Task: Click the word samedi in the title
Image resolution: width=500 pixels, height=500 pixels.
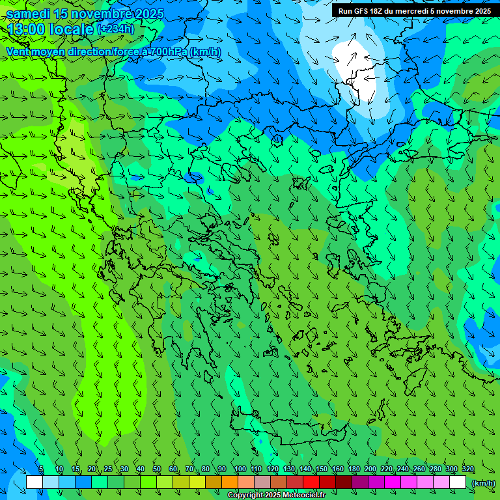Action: pos(29,14)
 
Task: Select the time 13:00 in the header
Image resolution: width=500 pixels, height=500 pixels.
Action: pos(29,29)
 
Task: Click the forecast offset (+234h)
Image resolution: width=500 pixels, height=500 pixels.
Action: pos(115,29)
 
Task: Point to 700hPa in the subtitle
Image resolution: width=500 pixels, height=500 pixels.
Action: pos(167,51)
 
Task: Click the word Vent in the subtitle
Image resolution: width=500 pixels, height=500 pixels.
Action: pos(19,51)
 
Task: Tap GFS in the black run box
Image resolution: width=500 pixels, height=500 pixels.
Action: pos(361,11)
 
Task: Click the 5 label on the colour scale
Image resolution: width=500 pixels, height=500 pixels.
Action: pos(41,469)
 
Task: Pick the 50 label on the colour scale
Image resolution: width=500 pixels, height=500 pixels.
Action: pos(157,469)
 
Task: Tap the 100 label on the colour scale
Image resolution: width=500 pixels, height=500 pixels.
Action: pos(240,469)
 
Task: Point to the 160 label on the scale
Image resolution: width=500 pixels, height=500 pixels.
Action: pos(337,469)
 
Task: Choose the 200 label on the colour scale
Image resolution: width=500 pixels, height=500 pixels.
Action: pos(370,469)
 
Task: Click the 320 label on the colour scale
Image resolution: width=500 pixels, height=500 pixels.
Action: pos(467,469)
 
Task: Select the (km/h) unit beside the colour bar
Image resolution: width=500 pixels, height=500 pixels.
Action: pos(483,482)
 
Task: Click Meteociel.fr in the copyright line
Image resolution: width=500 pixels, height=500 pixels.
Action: pos(299,495)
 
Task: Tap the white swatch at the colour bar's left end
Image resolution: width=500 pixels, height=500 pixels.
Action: pos(35,482)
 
